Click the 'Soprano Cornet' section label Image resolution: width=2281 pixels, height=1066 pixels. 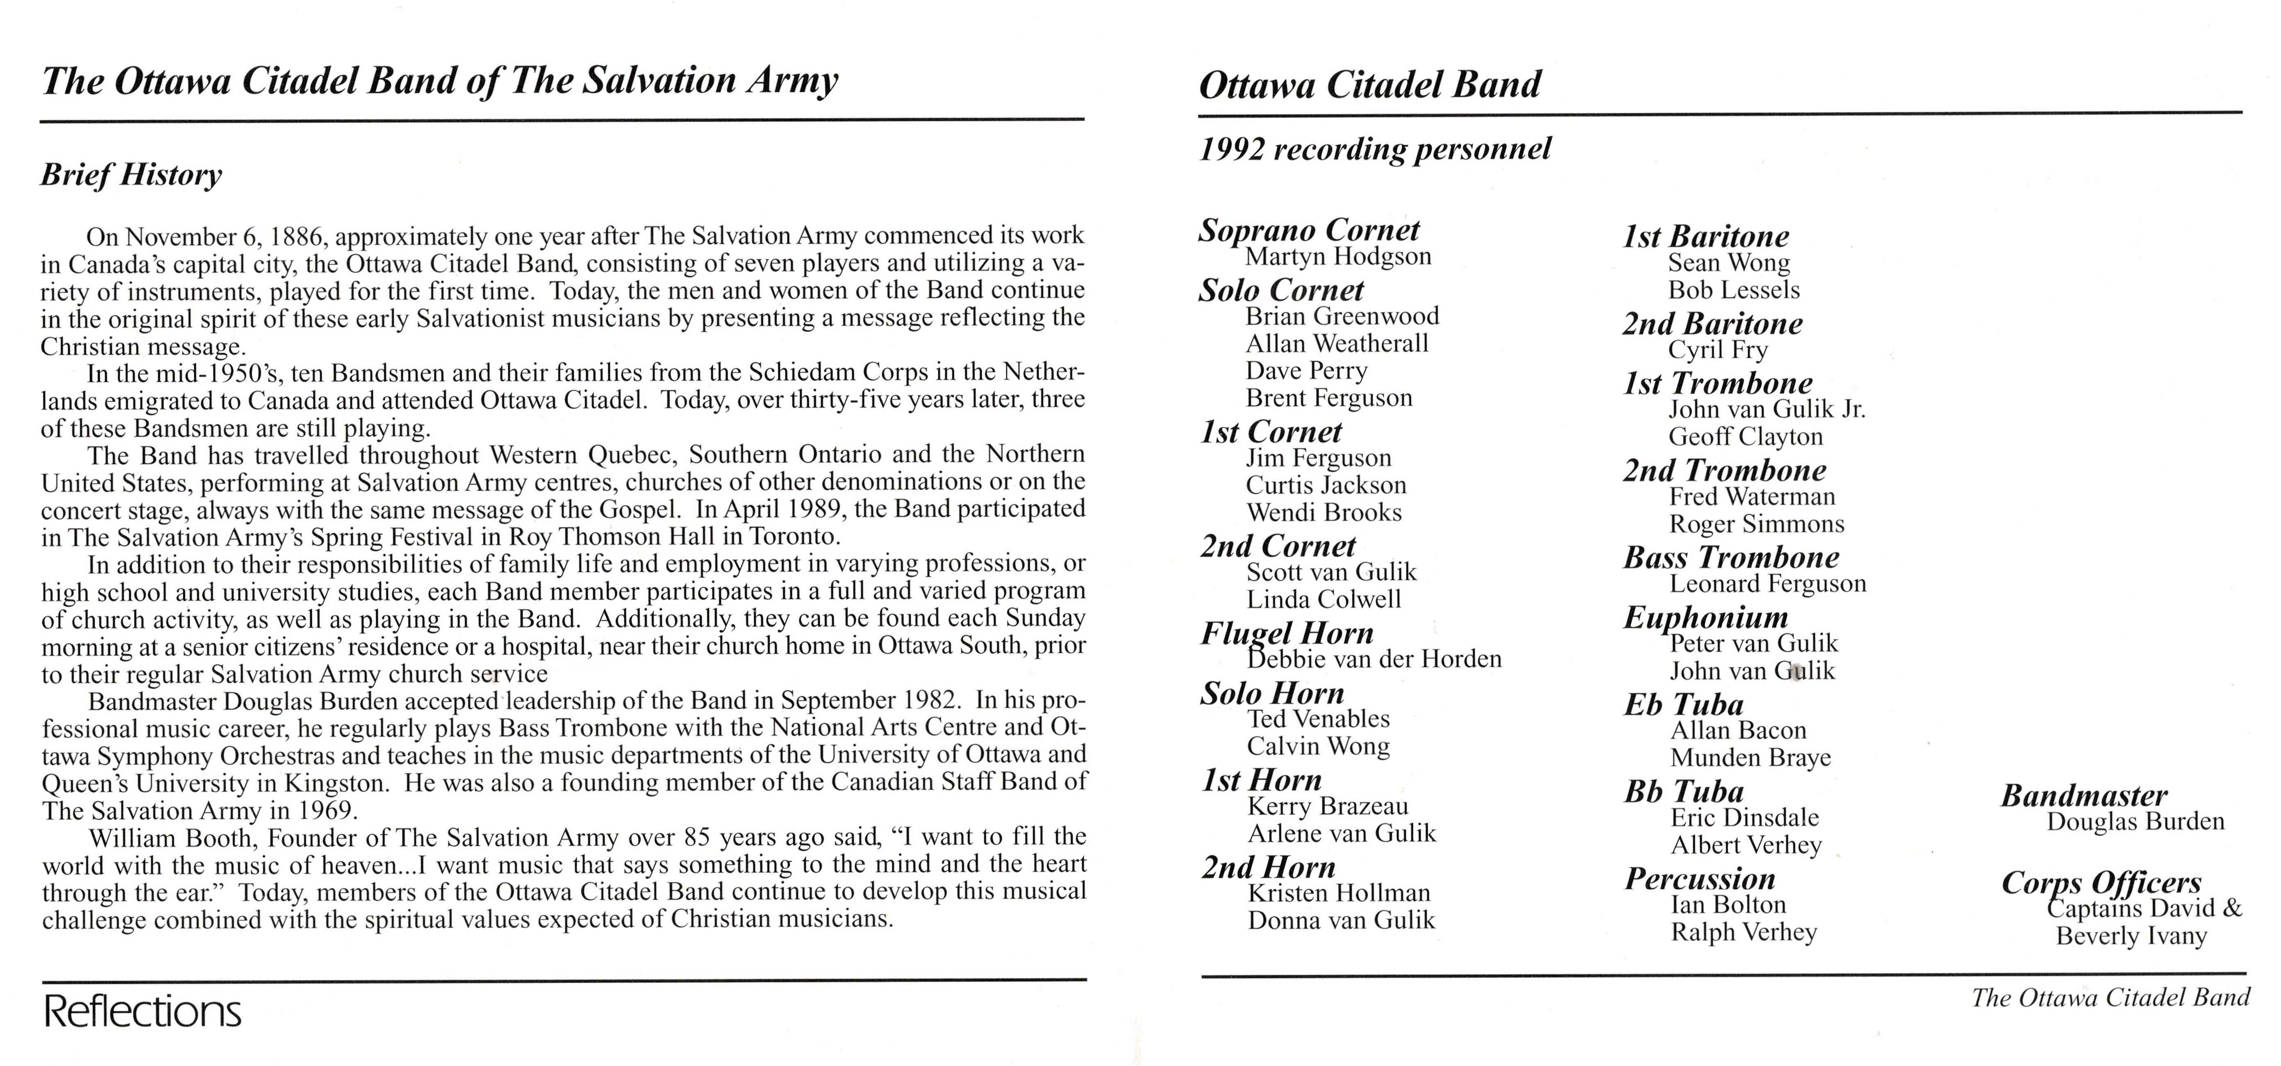[1309, 230]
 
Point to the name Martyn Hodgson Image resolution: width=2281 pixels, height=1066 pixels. [1338, 257]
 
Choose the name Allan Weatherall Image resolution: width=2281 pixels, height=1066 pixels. [1337, 344]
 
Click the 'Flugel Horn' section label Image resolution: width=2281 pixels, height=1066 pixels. [1287, 633]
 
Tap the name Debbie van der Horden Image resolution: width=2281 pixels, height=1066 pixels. [1374, 659]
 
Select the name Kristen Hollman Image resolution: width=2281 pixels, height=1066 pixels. [1339, 893]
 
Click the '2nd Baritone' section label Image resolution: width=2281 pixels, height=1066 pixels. [1712, 324]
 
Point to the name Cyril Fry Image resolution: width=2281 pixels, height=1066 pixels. [1718, 350]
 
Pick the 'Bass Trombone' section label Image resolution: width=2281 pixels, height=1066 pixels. [1731, 558]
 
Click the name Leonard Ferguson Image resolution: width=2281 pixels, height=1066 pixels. [1767, 583]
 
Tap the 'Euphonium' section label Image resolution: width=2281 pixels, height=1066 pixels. [1706, 617]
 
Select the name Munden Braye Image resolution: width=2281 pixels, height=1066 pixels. [1751, 758]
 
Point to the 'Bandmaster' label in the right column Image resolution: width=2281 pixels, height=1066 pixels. [2083, 796]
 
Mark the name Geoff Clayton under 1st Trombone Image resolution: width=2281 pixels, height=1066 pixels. [1745, 437]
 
